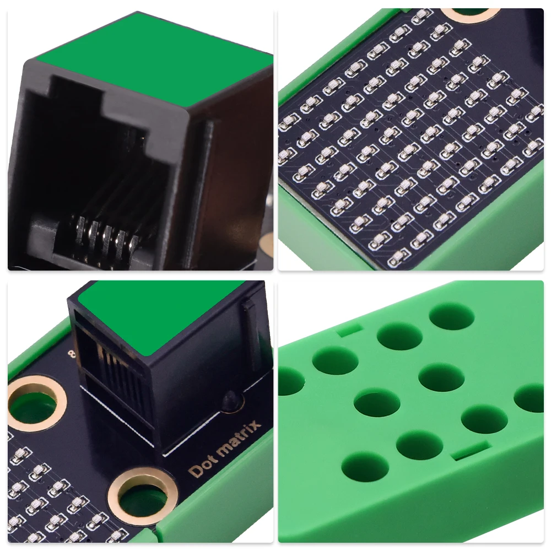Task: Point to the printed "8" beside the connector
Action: pos(71,353)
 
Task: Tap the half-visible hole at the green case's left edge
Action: pos(289,381)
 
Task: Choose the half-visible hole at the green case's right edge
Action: pos(530,398)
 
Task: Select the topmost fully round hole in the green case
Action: pos(451,316)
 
